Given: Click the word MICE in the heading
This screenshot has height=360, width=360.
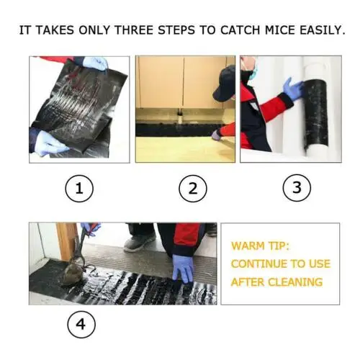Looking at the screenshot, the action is point(280,30).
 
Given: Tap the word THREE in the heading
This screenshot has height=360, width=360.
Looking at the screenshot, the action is point(134,30).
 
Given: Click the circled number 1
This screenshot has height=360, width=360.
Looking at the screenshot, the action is point(79,189).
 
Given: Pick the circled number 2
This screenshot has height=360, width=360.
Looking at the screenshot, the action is point(193,188).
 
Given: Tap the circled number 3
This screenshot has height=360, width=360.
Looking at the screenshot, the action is point(297,187).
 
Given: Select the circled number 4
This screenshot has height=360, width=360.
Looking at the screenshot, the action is point(81,325).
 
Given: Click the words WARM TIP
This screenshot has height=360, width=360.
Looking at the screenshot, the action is point(261,246).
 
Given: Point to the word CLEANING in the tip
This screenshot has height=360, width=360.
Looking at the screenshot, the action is point(295,282).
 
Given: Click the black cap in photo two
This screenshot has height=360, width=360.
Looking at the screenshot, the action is point(225,83).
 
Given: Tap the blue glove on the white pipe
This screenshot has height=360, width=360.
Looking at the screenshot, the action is point(293,89).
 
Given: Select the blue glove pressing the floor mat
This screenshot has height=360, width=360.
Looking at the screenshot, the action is point(183,269).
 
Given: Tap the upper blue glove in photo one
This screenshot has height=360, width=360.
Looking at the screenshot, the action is point(96,63).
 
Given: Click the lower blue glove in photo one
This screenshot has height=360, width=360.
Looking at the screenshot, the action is point(50,143).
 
